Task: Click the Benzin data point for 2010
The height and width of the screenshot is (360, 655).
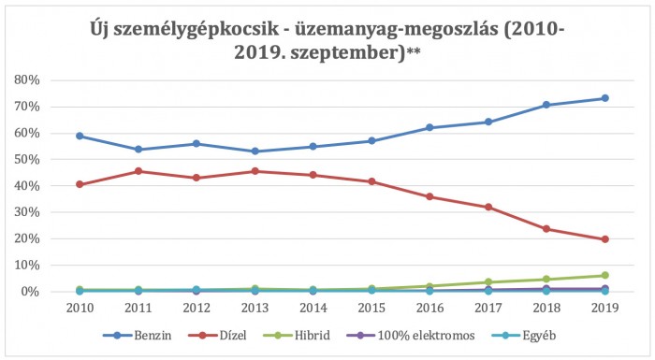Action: coord(80,136)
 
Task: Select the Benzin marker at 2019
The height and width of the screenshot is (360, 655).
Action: coord(604,98)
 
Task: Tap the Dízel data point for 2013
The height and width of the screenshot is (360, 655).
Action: coord(255,171)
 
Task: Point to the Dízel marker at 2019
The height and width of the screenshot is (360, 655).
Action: coord(604,239)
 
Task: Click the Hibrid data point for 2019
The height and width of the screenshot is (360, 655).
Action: coord(604,276)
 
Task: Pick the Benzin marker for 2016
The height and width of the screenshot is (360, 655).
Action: coord(429,127)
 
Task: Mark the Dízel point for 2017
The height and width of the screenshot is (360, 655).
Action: coord(488,207)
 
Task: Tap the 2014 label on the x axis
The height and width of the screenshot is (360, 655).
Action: coord(313,308)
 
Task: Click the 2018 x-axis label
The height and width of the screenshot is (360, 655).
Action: coord(546,308)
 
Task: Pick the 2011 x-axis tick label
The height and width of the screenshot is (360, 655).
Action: coord(138,308)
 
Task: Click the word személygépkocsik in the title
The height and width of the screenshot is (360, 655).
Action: coord(202,30)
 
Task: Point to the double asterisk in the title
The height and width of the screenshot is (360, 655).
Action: coord(414,53)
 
